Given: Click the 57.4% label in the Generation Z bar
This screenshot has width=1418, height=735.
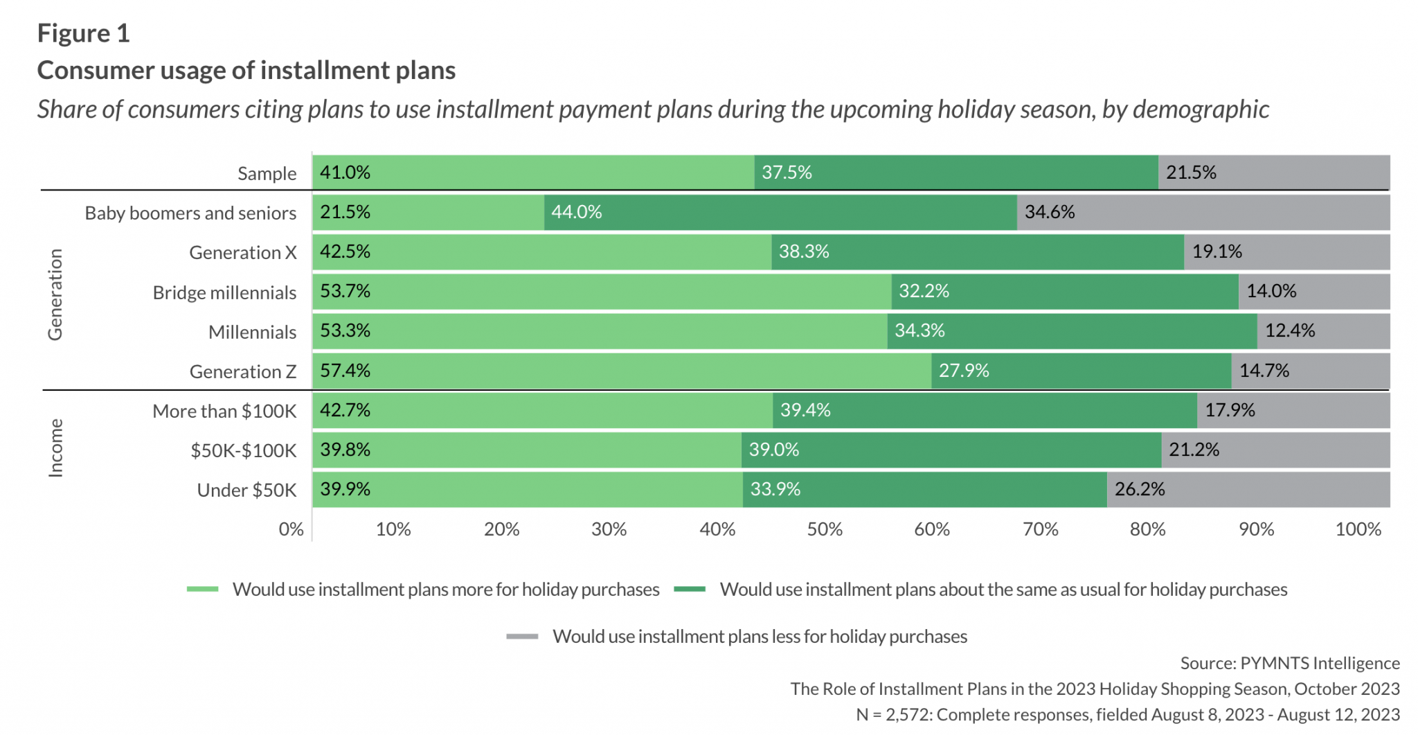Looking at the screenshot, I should click(345, 371).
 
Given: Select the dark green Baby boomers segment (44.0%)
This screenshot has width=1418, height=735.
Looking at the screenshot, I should click(780, 212).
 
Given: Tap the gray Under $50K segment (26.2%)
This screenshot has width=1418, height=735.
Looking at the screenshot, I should click(1248, 489).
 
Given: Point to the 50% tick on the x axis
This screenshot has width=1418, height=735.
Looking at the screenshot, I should click(825, 529).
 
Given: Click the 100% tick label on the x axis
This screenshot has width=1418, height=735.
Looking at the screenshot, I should click(1358, 529).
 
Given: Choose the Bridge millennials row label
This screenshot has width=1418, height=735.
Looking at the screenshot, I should click(224, 292).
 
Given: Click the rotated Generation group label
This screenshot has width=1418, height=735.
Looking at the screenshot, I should click(55, 294).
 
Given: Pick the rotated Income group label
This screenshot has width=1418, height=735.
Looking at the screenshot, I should click(55, 448).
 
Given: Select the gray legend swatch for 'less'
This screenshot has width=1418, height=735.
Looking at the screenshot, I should click(522, 637).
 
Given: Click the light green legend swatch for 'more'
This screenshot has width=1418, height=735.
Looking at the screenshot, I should click(202, 590).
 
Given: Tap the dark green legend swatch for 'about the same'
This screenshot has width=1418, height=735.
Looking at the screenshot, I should click(690, 590).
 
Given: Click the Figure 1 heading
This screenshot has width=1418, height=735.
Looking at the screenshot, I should click(83, 33).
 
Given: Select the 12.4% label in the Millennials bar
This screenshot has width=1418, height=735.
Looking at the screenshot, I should click(1290, 330).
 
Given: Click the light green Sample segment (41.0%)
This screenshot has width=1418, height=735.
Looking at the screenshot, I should click(533, 172).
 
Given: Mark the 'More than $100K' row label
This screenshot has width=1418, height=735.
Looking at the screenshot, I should click(224, 411).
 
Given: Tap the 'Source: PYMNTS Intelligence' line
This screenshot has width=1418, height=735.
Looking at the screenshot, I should click(1289, 663).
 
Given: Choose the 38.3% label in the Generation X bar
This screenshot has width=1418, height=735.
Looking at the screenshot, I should click(804, 251).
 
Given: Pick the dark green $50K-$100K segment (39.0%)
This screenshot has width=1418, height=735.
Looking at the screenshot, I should click(951, 450).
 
